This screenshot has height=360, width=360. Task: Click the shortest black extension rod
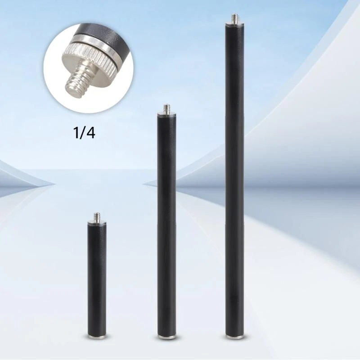coord(97,275)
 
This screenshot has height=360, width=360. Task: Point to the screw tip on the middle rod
coord(166,108)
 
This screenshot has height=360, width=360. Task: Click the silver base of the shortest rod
coord(97,336)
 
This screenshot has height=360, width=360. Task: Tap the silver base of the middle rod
coord(167,337)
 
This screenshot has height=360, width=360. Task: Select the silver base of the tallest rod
coord(234,337)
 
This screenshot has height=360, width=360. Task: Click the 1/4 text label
coord(84,133)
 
